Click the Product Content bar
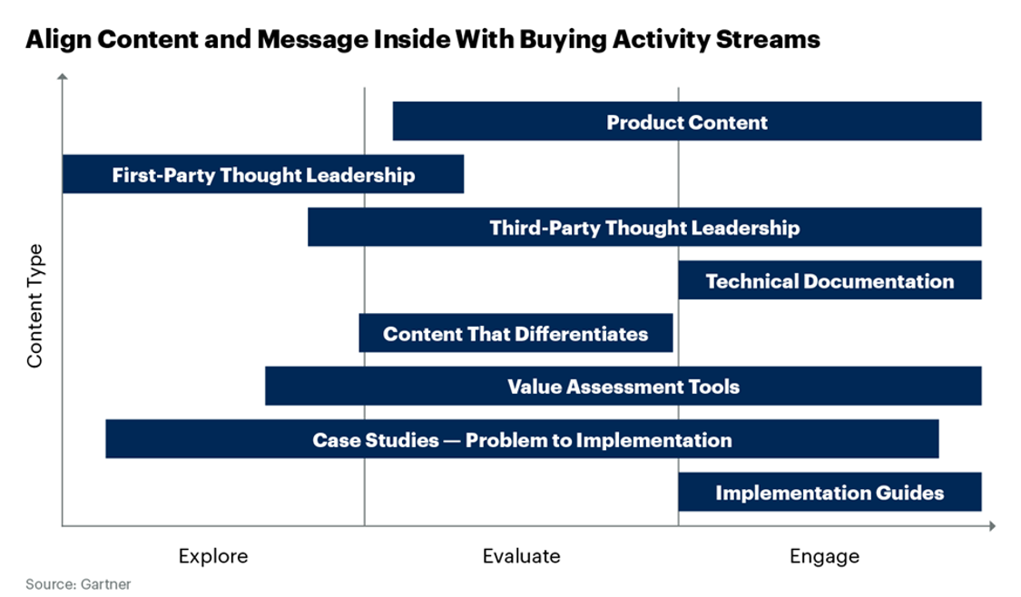coord(686,122)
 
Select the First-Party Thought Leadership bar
coord(263,175)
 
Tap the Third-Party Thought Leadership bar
coord(644,228)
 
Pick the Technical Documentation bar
coord(830,280)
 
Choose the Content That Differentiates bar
coord(515,334)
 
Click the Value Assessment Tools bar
coord(623,387)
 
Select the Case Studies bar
coord(522,440)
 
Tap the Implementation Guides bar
coord(830,493)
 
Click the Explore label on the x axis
coord(213,555)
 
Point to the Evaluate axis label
coord(521,555)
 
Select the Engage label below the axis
coord(824,555)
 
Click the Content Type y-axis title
coord(35,306)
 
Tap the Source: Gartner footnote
coord(78,584)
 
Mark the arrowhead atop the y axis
coord(62,79)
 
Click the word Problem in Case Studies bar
coord(500,440)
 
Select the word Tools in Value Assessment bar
coord(715,387)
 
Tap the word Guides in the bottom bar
coord(910,493)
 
